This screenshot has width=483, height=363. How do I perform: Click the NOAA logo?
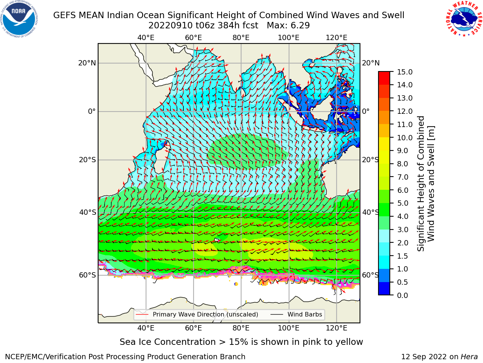click(19, 19)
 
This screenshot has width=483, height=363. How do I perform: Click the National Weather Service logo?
click(464, 19)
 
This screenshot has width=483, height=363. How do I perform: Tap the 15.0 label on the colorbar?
click(405, 72)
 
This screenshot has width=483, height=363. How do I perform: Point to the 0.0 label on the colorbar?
click(402, 295)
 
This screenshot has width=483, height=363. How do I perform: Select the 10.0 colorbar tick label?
click(405, 138)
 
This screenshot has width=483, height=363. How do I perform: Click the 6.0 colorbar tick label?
click(402, 190)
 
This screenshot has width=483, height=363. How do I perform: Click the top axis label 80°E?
click(241, 38)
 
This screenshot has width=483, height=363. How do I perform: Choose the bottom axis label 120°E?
click(337, 328)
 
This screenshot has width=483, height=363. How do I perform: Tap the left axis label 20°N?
click(87, 63)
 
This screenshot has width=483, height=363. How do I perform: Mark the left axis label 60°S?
click(88, 275)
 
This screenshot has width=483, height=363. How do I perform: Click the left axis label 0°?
click(92, 111)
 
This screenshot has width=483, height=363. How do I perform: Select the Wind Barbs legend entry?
click(296, 314)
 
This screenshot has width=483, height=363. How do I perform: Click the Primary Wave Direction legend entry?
click(197, 314)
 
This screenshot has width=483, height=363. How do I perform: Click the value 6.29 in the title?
click(300, 26)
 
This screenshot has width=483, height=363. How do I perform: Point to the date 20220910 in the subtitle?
click(171, 26)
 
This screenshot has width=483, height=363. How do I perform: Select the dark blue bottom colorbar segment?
click(384, 289)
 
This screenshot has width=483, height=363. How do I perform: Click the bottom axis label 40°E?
click(146, 328)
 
